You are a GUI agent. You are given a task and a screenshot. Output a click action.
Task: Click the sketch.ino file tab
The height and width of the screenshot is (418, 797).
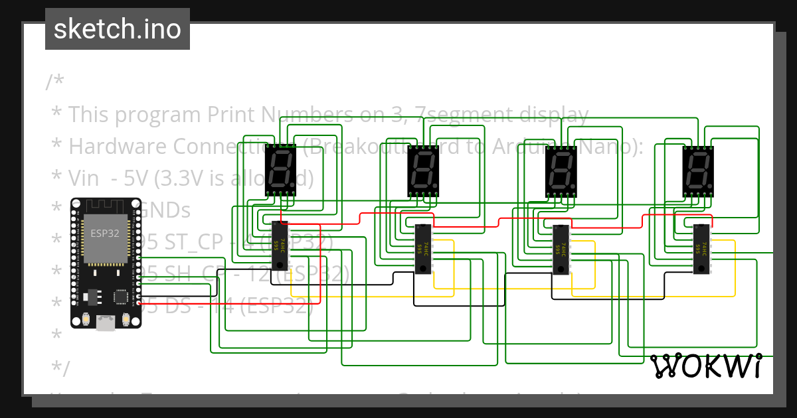tap(118, 29)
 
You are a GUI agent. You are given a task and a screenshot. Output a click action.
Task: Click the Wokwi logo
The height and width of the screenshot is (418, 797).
tap(705, 366)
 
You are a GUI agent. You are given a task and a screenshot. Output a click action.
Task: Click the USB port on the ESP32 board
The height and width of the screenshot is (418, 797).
tap(106, 322)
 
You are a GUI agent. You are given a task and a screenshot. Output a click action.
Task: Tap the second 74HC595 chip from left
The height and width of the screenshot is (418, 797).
tap(424, 249)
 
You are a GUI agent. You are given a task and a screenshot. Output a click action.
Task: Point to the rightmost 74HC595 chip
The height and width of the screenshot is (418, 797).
tap(701, 249)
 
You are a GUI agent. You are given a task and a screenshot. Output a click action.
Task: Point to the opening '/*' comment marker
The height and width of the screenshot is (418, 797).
tap(55, 83)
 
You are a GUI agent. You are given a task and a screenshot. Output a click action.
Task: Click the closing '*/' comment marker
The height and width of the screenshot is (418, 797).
tap(59, 367)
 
